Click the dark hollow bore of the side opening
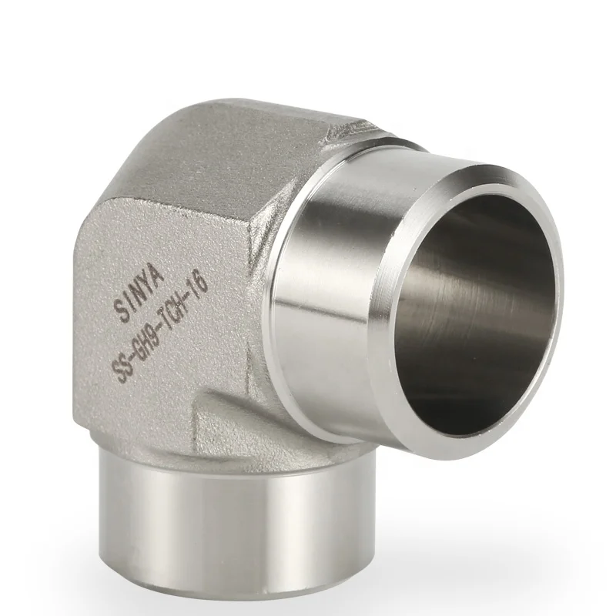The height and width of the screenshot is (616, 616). [x=462, y=300]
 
